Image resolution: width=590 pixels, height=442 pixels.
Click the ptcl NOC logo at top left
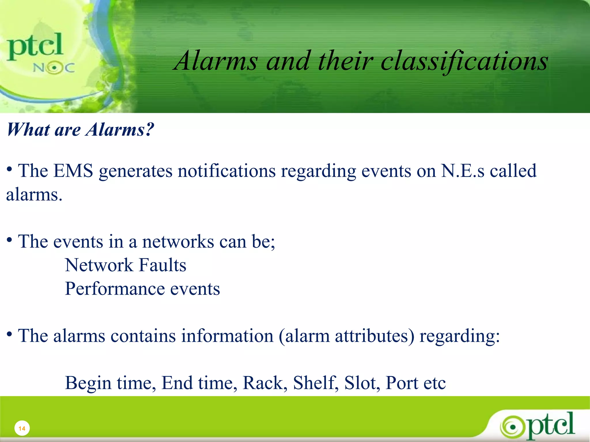[39, 52]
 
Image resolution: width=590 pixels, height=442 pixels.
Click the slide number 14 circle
[22, 428]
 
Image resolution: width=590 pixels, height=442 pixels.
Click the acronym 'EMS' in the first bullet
[73, 171]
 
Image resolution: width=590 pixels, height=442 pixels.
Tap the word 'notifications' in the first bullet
[226, 171]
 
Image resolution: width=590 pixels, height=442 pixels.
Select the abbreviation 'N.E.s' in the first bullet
[463, 171]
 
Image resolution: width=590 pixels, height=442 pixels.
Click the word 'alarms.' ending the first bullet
[34, 195]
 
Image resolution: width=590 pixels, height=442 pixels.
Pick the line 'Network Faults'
[126, 265]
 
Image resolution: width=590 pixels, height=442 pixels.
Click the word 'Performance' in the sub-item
[115, 289]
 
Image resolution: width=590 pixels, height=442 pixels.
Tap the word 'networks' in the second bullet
[178, 241]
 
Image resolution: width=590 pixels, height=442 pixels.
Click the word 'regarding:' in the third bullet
[459, 336]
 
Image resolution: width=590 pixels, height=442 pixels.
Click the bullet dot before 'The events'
[10, 239]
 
